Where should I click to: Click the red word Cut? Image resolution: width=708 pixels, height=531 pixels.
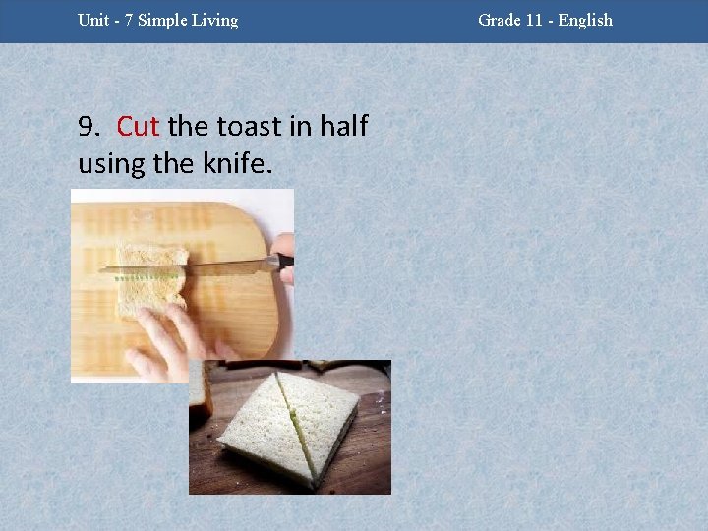(x=138, y=127)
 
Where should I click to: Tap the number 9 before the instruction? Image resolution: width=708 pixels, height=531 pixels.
(x=87, y=127)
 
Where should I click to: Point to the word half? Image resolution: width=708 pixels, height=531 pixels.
(x=339, y=127)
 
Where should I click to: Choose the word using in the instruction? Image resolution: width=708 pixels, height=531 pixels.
(x=111, y=163)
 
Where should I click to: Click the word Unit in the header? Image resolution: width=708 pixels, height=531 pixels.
(x=93, y=20)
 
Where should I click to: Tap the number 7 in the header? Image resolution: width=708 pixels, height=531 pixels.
(x=129, y=20)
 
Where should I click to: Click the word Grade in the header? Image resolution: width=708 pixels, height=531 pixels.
(x=499, y=20)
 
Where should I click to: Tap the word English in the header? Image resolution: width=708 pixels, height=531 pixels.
(x=585, y=20)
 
